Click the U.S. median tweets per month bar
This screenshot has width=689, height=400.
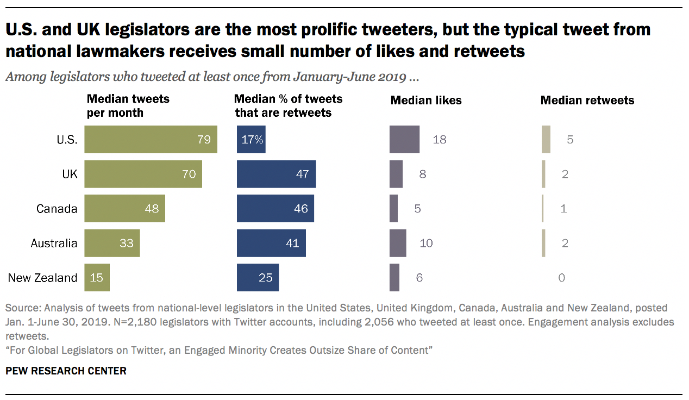pyautogui.click(x=151, y=140)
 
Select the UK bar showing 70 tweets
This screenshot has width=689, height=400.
pyautogui.click(x=143, y=174)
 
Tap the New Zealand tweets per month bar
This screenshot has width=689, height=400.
pyautogui.click(x=97, y=278)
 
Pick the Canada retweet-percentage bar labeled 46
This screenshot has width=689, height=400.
pyautogui.click(x=275, y=209)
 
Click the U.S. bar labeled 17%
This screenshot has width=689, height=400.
pyautogui.click(x=251, y=140)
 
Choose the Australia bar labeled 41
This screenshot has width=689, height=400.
pyautogui.click(x=271, y=243)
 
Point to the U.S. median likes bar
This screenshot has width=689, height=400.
pyautogui.click(x=404, y=140)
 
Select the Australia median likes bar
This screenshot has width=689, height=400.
pyautogui.click(x=398, y=243)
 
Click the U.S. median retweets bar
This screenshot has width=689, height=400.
pyautogui.click(x=546, y=140)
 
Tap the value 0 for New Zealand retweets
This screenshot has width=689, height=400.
pyautogui.click(x=561, y=278)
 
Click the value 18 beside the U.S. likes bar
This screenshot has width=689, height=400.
pyautogui.click(x=440, y=140)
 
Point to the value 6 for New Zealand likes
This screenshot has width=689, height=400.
pyautogui.click(x=419, y=278)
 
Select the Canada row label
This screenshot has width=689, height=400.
pyautogui.click(x=57, y=209)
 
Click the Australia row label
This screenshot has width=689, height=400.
pyautogui.click(x=54, y=243)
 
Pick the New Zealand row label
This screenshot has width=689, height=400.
pyautogui.click(x=42, y=278)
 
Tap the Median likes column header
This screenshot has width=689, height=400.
pyautogui.click(x=426, y=101)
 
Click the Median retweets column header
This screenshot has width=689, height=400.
pyautogui.click(x=587, y=101)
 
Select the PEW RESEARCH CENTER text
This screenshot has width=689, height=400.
pyautogui.click(x=66, y=371)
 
